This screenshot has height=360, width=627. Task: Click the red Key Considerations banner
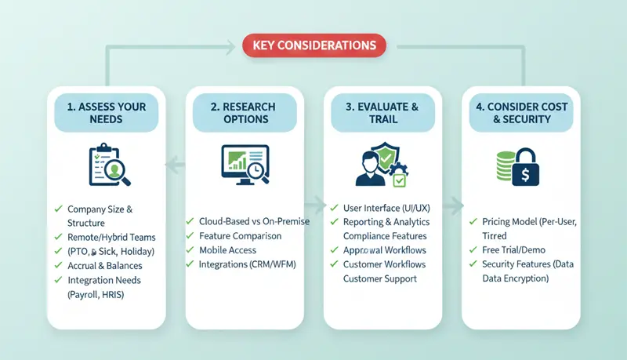[x=313, y=45]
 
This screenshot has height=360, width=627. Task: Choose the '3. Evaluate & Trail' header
[x=382, y=113]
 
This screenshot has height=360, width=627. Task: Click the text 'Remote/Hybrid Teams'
[x=111, y=237]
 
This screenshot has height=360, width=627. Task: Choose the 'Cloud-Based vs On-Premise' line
[x=254, y=221]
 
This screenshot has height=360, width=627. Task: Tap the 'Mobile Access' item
[x=227, y=250]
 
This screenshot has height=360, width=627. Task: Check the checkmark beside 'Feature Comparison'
[x=190, y=236]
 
